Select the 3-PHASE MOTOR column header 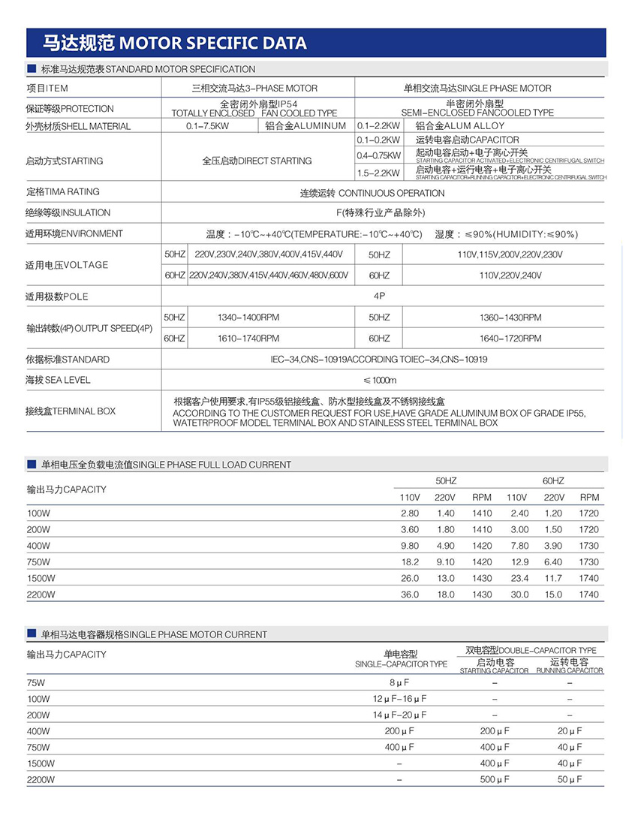pyautogui.click(x=254, y=88)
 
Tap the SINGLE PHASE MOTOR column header pyautogui.click(x=477, y=88)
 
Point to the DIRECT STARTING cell pyautogui.click(x=257, y=161)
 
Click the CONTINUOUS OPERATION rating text pyautogui.click(x=372, y=193)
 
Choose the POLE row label pyautogui.click(x=56, y=297)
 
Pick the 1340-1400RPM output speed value pyautogui.click(x=248, y=318)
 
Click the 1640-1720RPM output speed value pyautogui.click(x=510, y=339)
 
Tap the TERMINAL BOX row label pyautogui.click(x=71, y=411)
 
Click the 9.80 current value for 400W pyautogui.click(x=409, y=546)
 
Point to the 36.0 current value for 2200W pyautogui.click(x=409, y=595)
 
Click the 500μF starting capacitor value pyautogui.click(x=494, y=780)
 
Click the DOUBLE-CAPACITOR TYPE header pyautogui.click(x=531, y=650)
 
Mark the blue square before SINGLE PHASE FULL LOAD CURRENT pyautogui.click(x=32, y=465)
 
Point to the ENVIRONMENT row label pyautogui.click(x=74, y=234)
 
